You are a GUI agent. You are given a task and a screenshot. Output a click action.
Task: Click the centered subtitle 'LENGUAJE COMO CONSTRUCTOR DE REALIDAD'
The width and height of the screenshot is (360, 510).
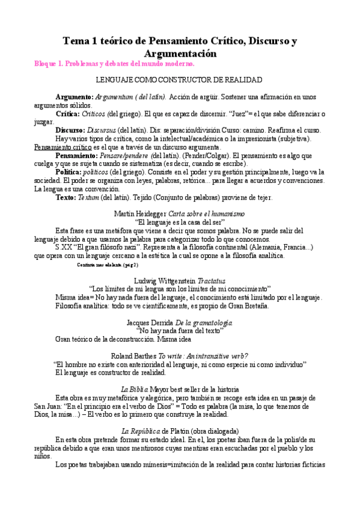click(x=179, y=80)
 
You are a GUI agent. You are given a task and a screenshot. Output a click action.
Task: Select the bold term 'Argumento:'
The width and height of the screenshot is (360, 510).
click(x=75, y=97)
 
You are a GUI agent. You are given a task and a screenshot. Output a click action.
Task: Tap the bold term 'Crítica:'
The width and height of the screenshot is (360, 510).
click(x=72, y=114)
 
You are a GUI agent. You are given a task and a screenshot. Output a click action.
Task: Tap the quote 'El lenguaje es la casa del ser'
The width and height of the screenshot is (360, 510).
click(x=180, y=222)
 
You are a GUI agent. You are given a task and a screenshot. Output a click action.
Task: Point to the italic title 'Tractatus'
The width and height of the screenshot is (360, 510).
click(x=210, y=280)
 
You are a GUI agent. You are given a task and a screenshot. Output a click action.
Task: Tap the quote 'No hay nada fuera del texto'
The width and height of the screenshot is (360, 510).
click(x=180, y=331)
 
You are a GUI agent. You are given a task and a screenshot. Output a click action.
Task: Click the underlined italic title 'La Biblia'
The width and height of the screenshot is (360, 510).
click(x=134, y=389)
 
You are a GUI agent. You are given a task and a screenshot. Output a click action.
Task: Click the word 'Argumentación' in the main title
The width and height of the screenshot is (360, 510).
click(x=179, y=54)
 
